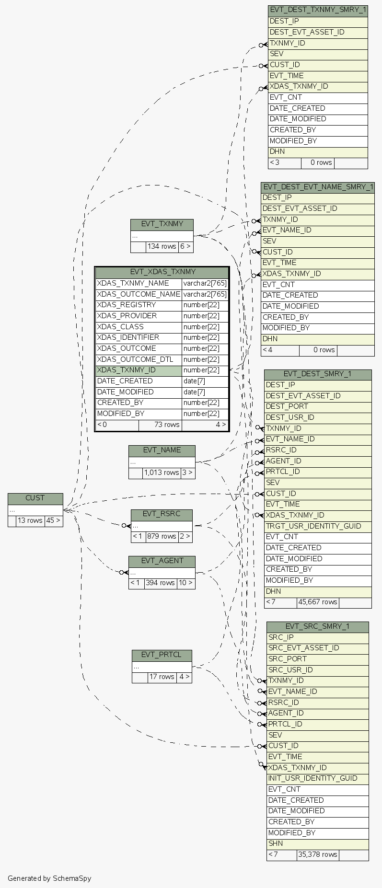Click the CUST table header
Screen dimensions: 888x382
[x=35, y=498]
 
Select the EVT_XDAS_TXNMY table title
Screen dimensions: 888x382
[x=162, y=272]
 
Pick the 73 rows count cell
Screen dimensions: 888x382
[x=160, y=425]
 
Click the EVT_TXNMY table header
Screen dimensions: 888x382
[x=162, y=224]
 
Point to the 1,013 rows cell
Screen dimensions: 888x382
[x=161, y=473]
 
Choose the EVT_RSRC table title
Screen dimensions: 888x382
[x=162, y=514]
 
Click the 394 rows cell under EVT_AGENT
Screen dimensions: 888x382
[x=160, y=583]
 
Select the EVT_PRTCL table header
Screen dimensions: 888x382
[x=162, y=655]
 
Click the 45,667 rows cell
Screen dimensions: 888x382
[x=317, y=602]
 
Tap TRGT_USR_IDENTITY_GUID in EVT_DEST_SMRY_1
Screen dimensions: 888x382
[x=313, y=526]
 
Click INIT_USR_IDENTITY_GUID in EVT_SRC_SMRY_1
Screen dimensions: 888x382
[x=313, y=778]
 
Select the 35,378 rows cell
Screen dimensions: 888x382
[x=317, y=855]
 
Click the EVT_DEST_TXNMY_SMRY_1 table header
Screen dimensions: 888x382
[x=318, y=10]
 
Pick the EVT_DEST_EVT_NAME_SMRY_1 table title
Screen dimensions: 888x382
[x=318, y=187]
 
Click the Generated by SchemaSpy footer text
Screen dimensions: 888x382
[x=49, y=878]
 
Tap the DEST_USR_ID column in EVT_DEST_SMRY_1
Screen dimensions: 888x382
[x=290, y=417]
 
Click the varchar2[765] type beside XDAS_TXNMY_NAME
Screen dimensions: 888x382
[x=205, y=283]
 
